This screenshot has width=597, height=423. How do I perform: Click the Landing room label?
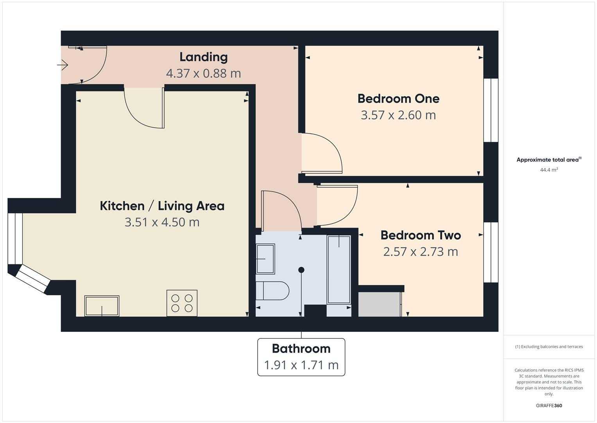pos(203,57)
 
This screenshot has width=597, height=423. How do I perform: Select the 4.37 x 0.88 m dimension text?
pos(203,74)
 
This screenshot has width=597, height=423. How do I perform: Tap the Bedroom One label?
pos(398,99)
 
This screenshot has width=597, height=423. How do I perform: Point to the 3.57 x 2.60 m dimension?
pos(398,115)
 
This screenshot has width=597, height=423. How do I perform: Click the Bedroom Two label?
pos(420,235)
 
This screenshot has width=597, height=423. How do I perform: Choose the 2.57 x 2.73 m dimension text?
pos(420,252)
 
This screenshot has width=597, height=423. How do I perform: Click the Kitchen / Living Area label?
pos(162,206)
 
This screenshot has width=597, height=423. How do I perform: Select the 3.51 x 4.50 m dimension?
pos(162,222)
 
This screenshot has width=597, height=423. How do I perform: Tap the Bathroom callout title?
pos(301,349)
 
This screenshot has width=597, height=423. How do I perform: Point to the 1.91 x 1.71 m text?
pos(301,365)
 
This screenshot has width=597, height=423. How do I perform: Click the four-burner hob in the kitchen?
pos(182,303)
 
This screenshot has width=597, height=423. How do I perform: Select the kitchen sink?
pos(102,306)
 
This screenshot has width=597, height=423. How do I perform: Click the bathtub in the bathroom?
pos(339,269)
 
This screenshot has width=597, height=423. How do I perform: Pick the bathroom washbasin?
pos(265,258)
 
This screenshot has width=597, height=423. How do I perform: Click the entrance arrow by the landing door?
pos(63,65)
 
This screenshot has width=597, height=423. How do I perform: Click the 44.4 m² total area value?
pos(549,170)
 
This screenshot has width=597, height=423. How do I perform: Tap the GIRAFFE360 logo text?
pos(549,405)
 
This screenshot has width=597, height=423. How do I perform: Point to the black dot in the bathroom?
pos(301,270)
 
